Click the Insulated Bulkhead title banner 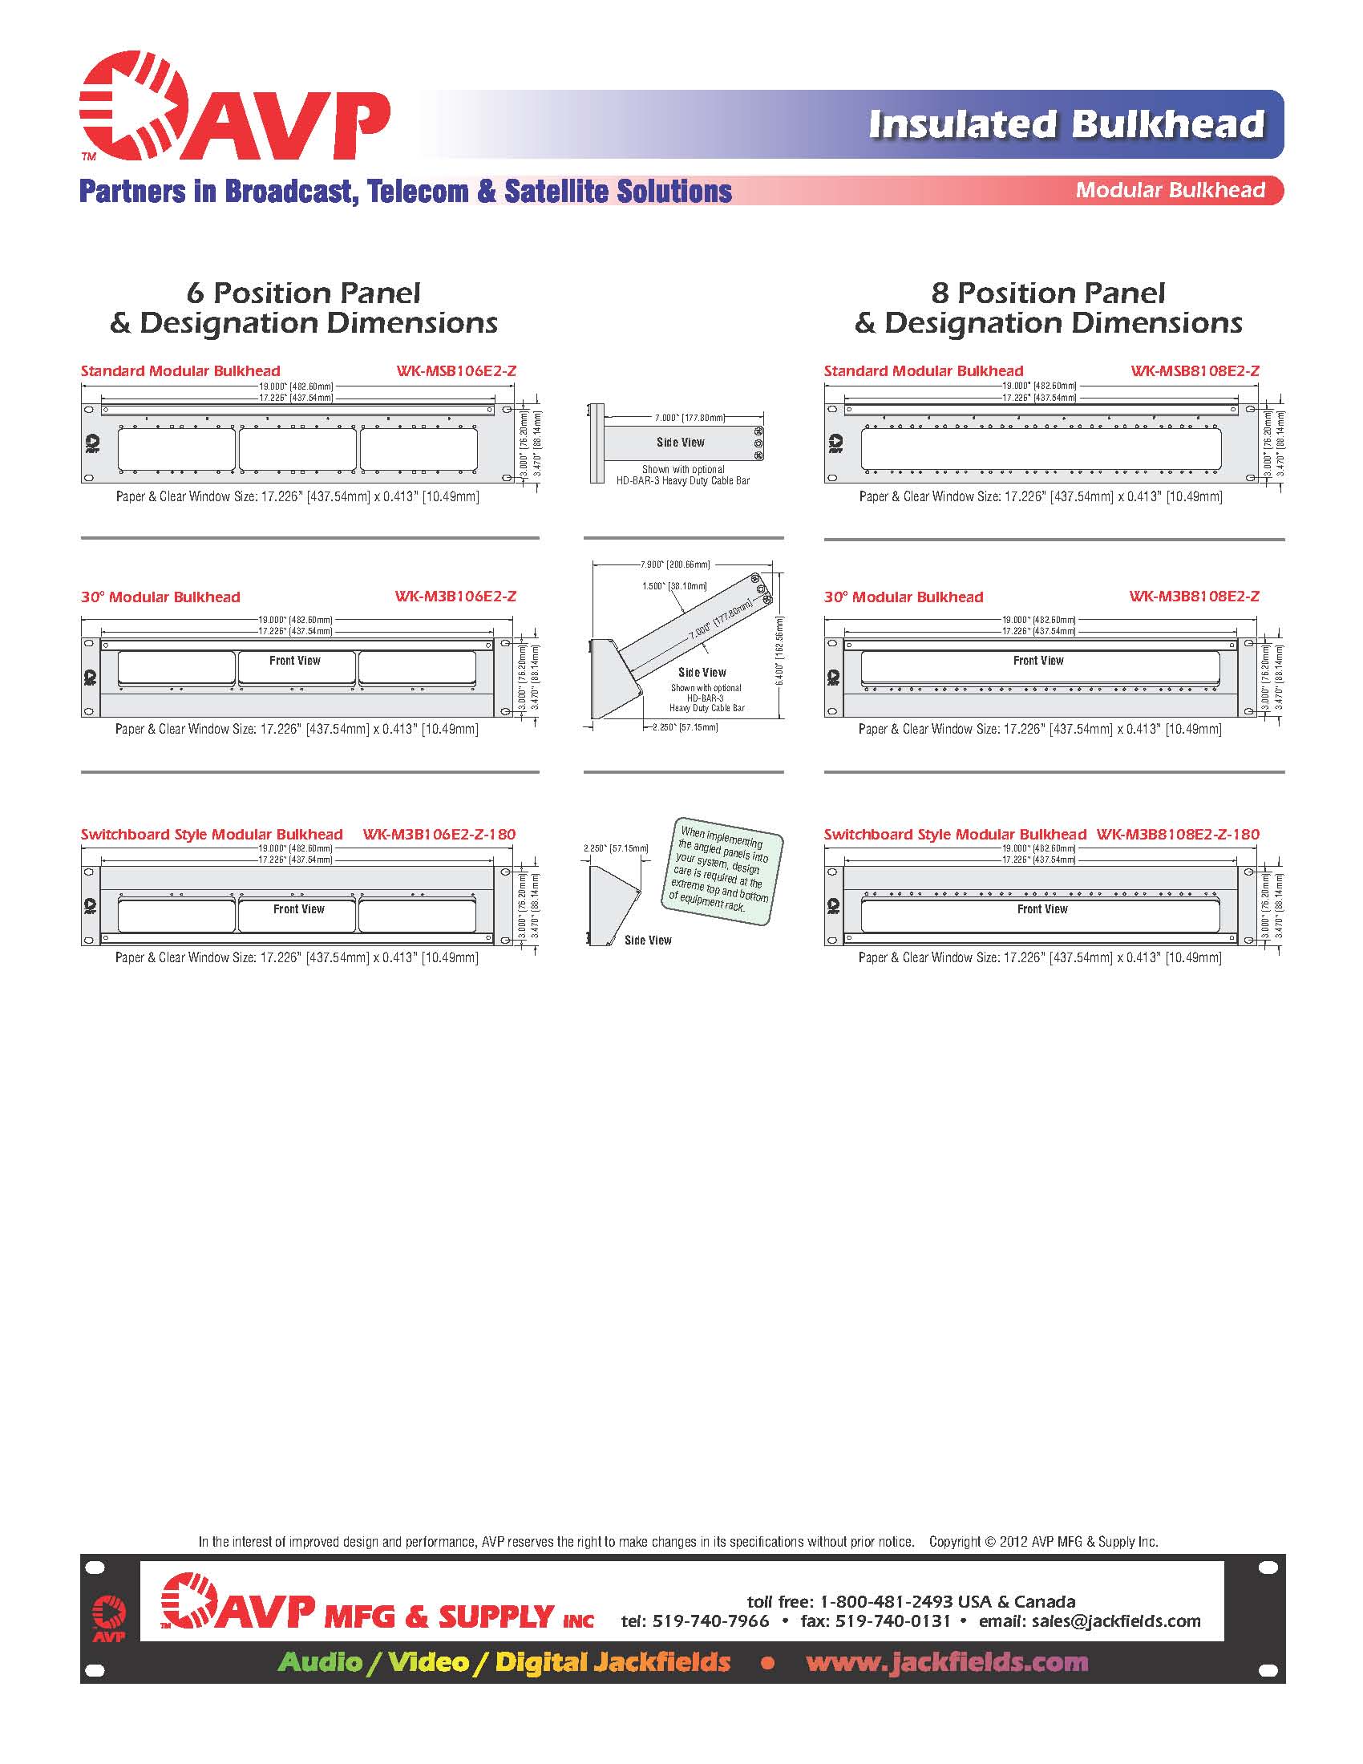pos(1066,124)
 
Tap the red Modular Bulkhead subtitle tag pos(1170,191)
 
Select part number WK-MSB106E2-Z pos(455,371)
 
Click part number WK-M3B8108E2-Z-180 pos(1177,835)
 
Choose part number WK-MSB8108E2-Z pos(1195,371)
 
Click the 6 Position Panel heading pos(304,293)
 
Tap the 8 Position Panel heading pos(1048,293)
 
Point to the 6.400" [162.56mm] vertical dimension pos(779,651)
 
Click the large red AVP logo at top pos(234,107)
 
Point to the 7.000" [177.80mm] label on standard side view pos(690,418)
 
